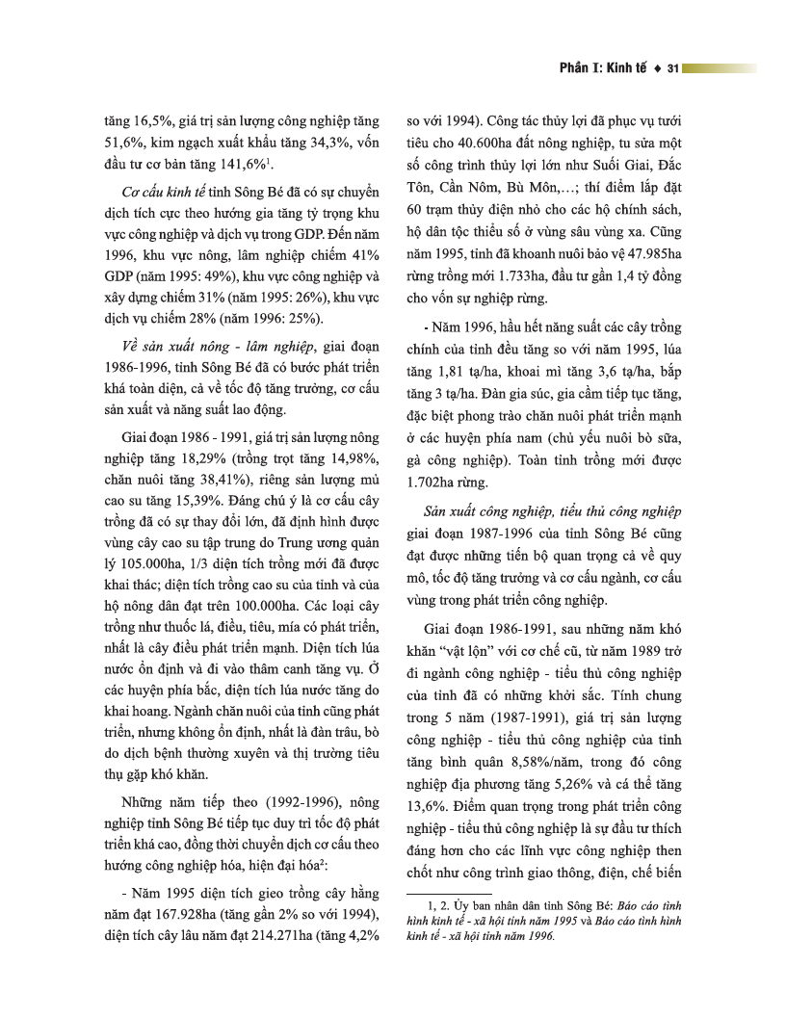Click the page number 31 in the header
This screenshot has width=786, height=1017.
click(673, 69)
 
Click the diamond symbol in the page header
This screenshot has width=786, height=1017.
click(655, 69)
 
